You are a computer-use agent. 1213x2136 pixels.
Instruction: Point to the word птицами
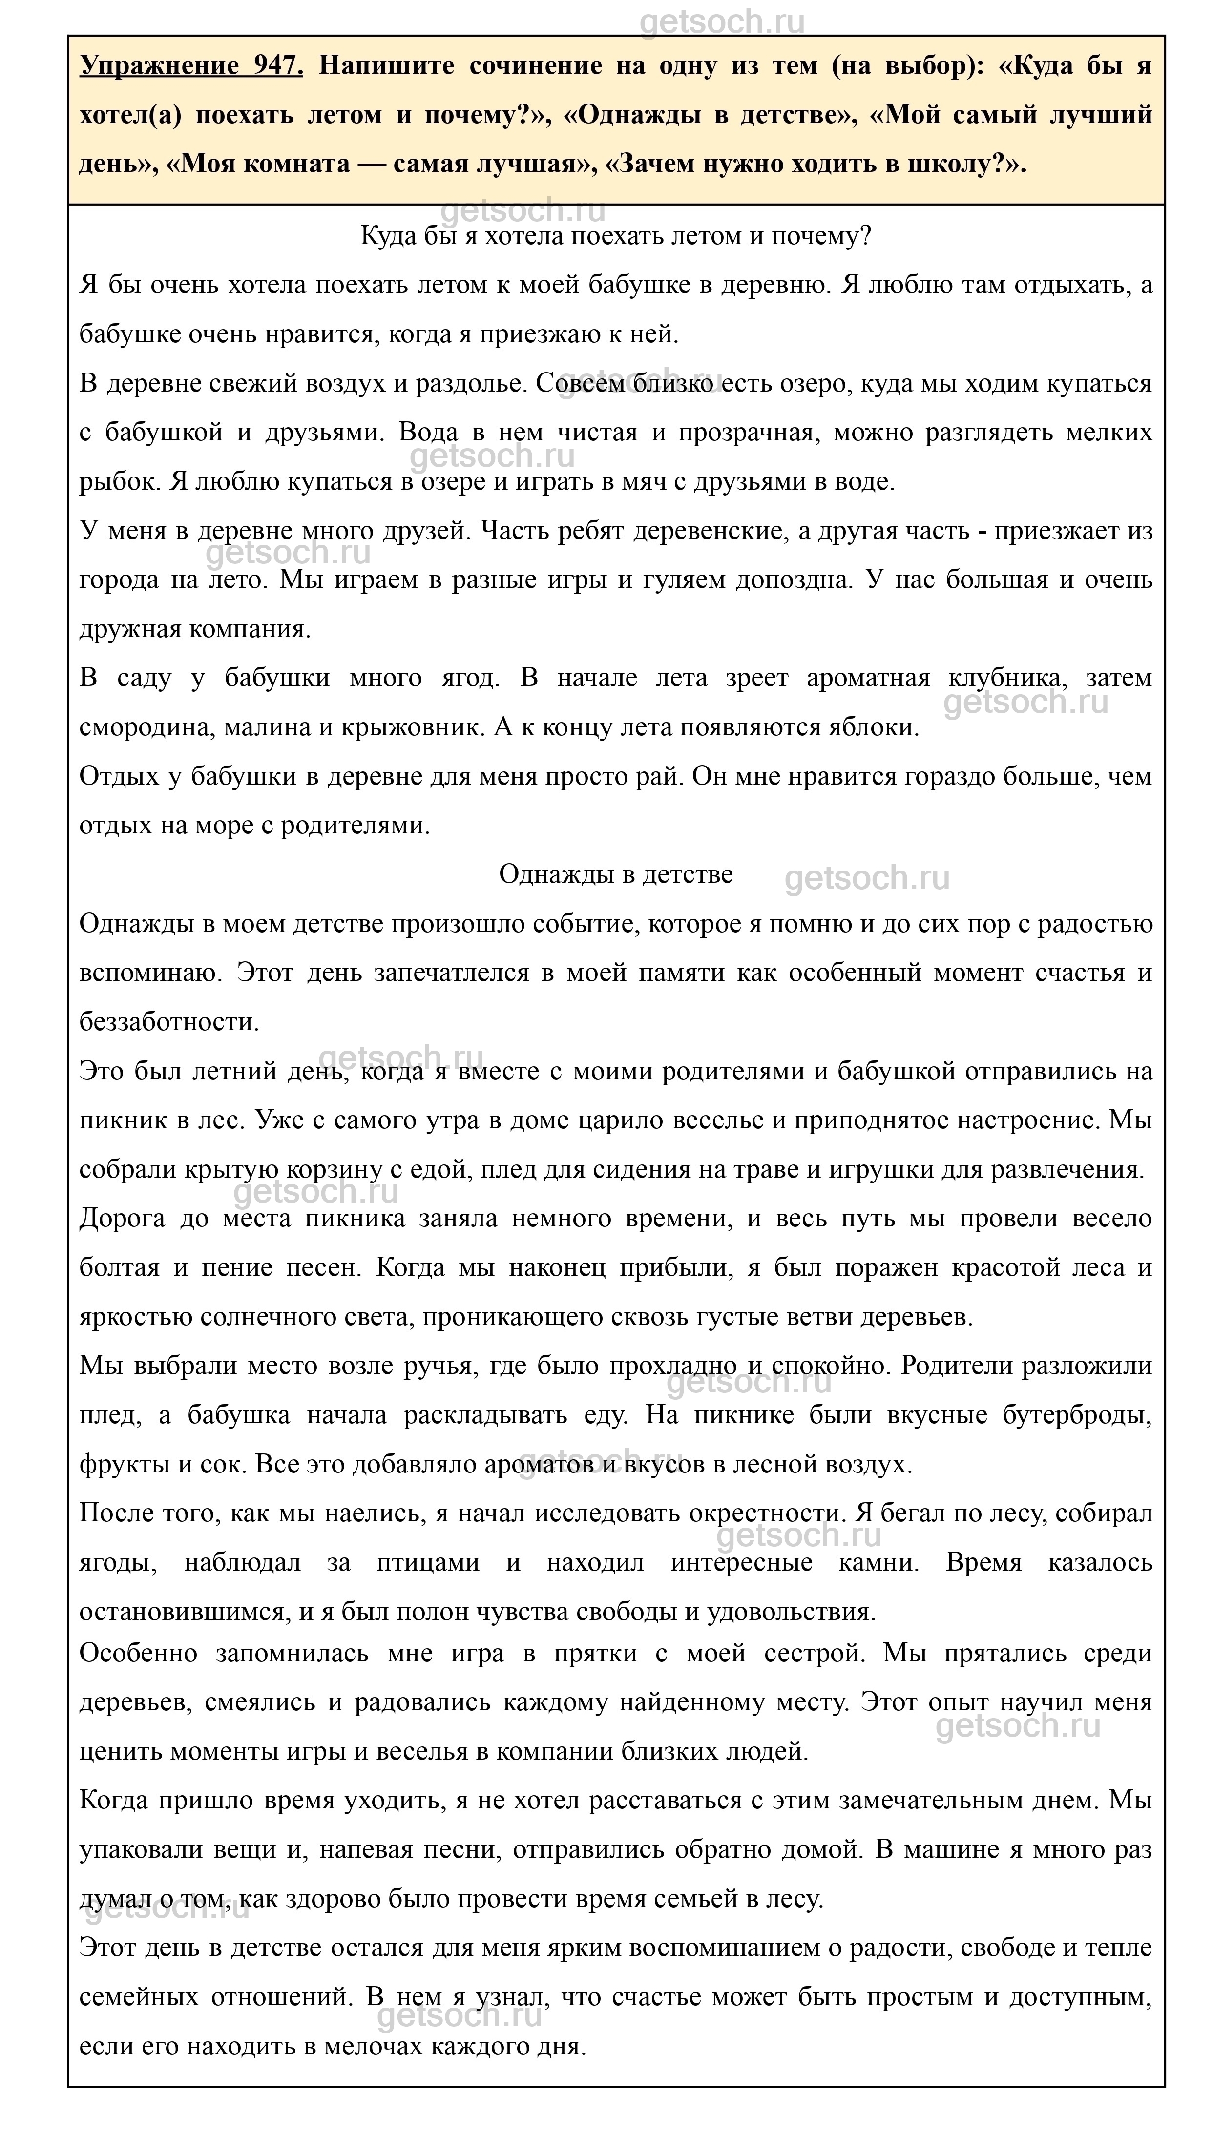point(428,1563)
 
